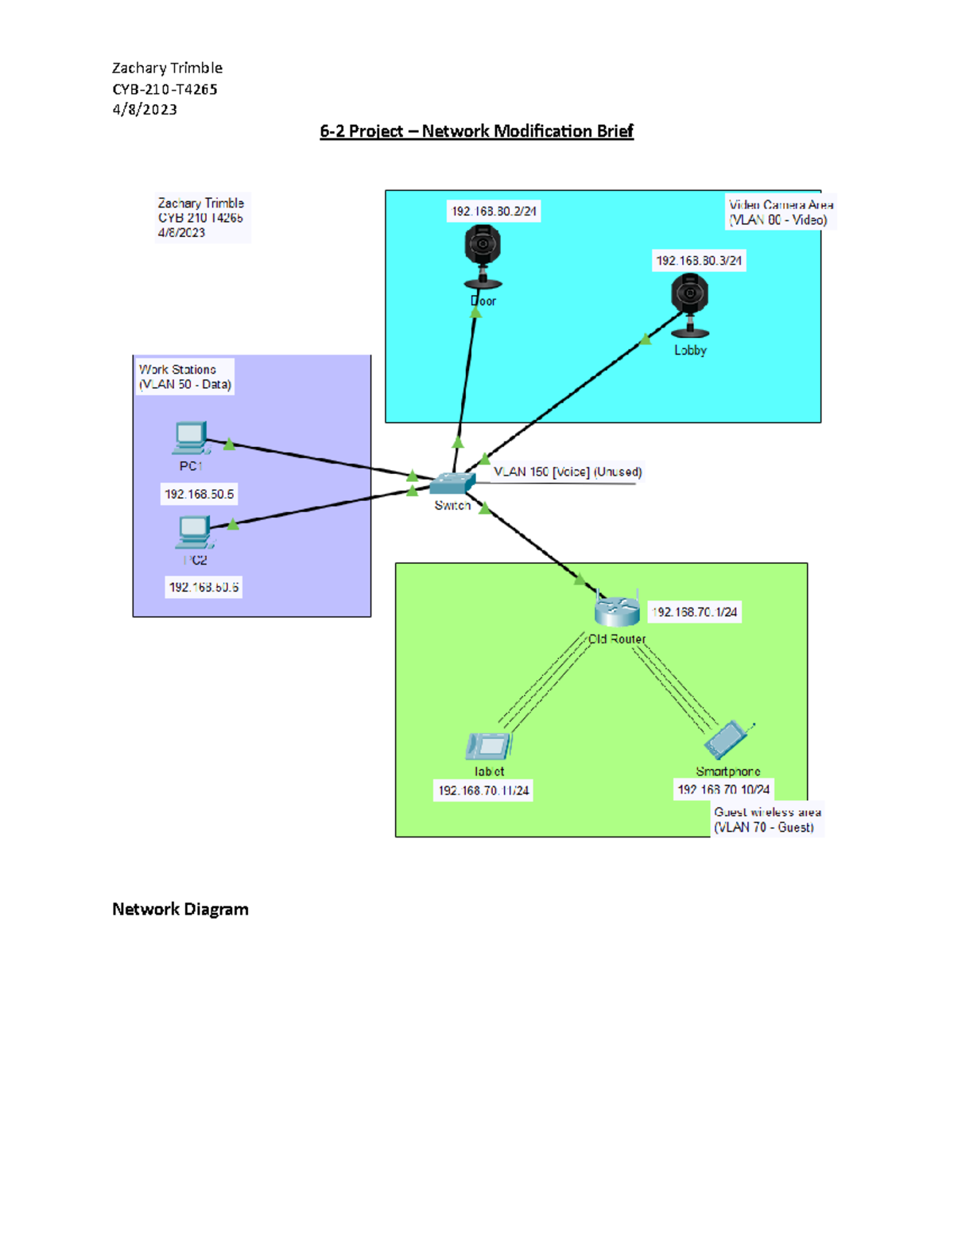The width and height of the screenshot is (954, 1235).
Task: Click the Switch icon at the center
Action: [452, 483]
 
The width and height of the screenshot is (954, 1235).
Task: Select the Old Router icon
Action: [617, 611]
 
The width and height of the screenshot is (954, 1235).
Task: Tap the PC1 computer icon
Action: [191, 438]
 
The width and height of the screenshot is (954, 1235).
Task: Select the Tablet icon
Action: [488, 746]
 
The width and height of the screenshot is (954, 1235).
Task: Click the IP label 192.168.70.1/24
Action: [695, 612]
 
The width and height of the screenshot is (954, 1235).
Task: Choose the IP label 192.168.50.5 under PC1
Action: [199, 495]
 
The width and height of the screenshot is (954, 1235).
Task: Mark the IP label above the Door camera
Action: [494, 212]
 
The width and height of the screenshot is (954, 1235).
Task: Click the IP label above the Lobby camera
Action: [699, 261]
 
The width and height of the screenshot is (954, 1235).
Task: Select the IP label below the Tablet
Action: [483, 790]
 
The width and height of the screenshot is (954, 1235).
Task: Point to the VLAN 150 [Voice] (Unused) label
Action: [568, 472]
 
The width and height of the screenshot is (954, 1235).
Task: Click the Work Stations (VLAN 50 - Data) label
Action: [184, 377]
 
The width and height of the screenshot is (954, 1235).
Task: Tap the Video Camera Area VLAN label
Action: [780, 212]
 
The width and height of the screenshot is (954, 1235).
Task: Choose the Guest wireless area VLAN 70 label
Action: [766, 820]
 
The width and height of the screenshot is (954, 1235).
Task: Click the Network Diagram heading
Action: [180, 909]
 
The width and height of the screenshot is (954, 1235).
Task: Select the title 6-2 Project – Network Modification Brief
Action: [476, 131]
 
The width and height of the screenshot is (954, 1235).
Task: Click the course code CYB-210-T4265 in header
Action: [165, 89]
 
